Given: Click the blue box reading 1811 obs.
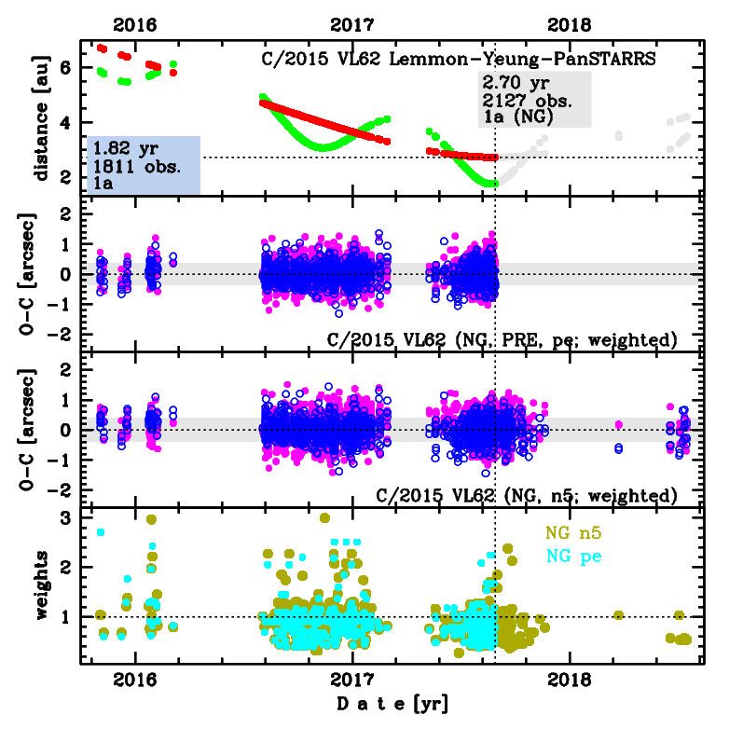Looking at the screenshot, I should tap(144, 166).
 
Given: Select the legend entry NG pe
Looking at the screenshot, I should tap(575, 557).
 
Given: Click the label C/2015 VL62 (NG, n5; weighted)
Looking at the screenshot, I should tap(526, 494).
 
